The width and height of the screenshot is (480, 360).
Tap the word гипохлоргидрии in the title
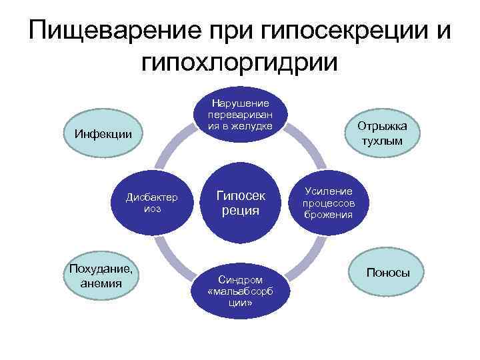(240, 61)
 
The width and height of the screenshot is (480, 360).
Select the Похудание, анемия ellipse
(101, 277)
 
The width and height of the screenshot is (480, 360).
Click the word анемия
(101, 283)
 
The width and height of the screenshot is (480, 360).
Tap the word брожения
(327, 215)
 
